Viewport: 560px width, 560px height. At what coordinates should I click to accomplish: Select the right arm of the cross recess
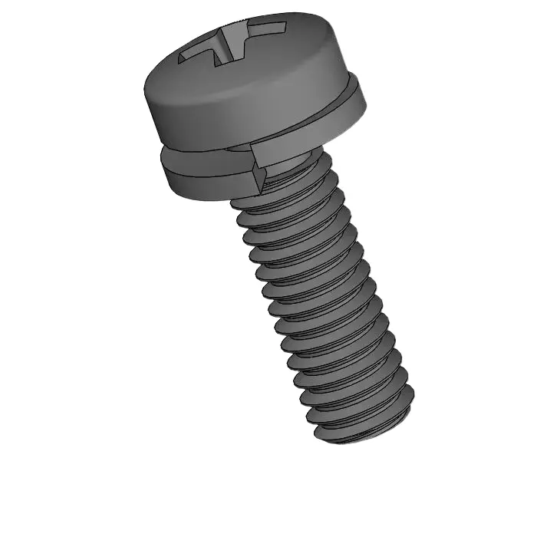[x=265, y=31]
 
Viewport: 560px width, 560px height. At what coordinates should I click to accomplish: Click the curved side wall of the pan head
[x=245, y=107]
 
